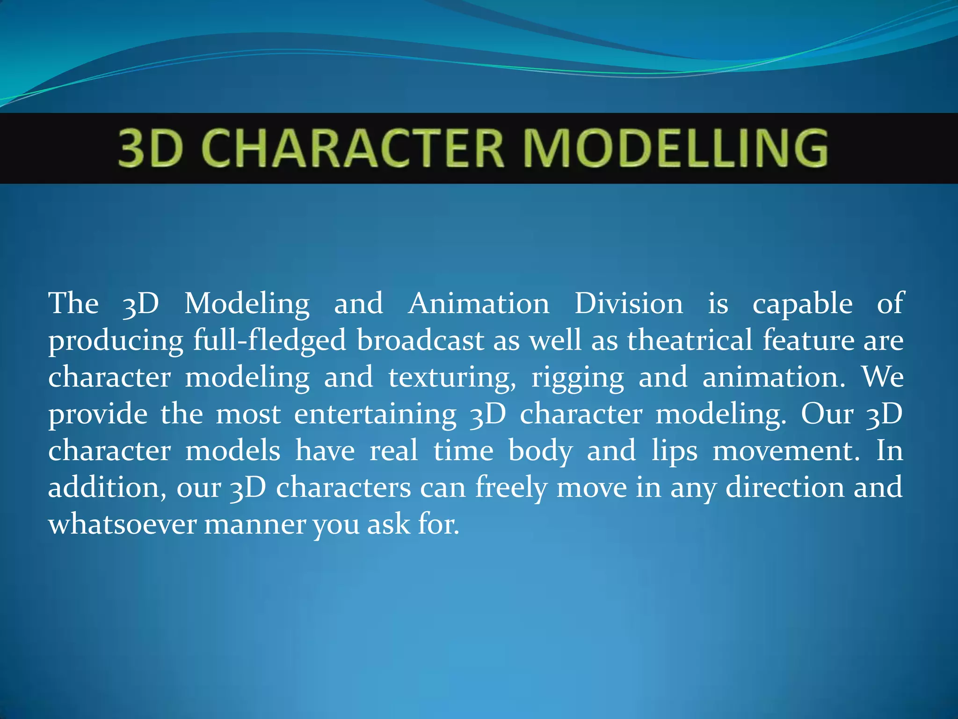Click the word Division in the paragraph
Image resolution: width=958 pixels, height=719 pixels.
pyautogui.click(x=629, y=303)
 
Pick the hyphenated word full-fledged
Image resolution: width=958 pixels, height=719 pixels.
pyautogui.click(x=270, y=341)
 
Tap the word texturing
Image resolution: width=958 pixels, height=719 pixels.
pyautogui.click(x=452, y=377)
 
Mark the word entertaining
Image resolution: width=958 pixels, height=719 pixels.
pyautogui.click(x=375, y=415)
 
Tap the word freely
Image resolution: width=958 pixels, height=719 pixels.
pyautogui.click(x=511, y=488)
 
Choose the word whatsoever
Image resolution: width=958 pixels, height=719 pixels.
pyautogui.click(x=122, y=524)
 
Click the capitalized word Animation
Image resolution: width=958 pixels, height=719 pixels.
pyautogui.click(x=479, y=303)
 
